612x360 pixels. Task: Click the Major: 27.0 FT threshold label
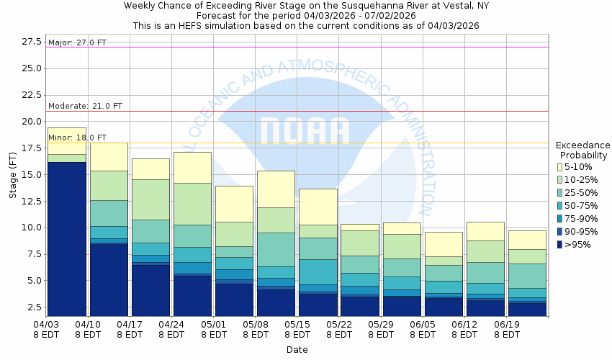77,42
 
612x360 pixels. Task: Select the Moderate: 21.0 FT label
85,106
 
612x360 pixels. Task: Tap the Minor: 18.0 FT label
77,138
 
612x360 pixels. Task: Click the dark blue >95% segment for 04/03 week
66,238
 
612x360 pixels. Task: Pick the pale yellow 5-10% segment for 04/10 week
108,156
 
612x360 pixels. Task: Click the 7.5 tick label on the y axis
33,254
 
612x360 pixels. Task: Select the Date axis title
297,350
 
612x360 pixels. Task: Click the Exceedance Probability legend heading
583,150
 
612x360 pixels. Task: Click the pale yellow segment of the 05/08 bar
276,189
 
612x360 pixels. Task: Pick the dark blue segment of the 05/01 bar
234,300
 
